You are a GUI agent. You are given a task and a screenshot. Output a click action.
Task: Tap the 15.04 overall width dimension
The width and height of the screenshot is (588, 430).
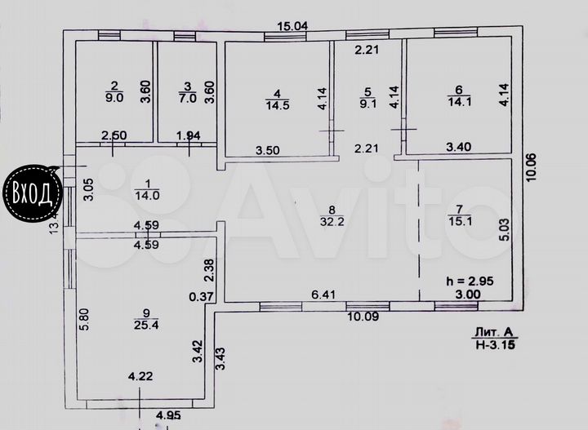pos(292,25)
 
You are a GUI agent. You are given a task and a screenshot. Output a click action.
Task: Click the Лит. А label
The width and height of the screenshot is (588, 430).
pos(492,332)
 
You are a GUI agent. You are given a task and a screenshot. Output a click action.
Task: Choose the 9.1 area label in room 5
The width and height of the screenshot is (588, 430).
pos(367,104)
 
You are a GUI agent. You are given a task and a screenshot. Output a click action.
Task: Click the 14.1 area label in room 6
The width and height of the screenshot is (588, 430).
pos(460,103)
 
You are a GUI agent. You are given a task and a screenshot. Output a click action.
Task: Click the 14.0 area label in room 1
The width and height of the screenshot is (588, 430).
pos(147,195)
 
